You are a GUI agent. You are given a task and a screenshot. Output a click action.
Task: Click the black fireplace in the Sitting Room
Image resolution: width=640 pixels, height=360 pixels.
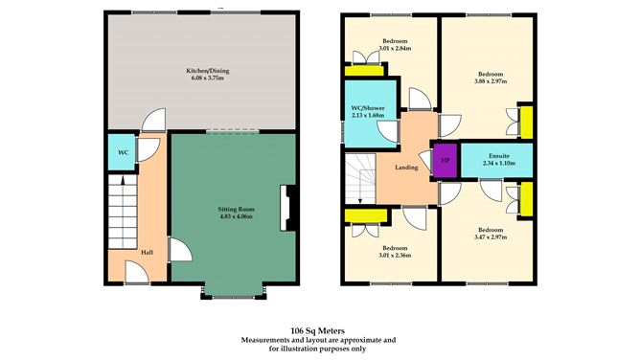click(284, 208)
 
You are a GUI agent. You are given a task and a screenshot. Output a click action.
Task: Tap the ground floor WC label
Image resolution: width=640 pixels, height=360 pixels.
click(123, 152)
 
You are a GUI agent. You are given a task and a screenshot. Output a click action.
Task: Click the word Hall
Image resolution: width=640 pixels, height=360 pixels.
click(147, 253)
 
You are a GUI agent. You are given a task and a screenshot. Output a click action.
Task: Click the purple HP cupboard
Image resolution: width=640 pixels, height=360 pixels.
click(445, 160)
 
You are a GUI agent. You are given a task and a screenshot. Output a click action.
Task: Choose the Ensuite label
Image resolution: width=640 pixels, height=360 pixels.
click(498, 154)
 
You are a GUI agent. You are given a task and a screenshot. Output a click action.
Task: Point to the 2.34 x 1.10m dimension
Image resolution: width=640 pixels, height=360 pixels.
click(498, 164)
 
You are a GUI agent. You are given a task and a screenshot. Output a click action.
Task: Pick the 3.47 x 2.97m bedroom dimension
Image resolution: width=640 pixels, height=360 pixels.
click(491, 237)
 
